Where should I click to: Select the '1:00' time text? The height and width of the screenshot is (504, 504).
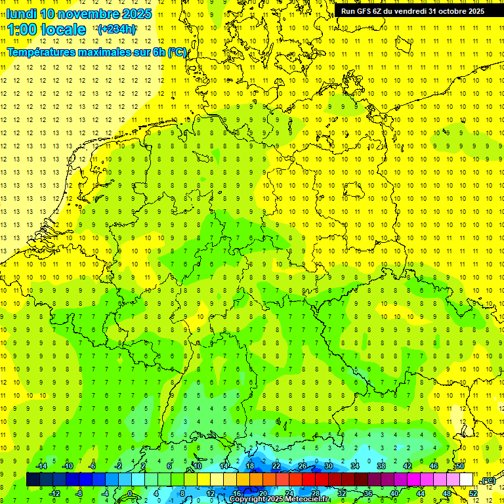22,30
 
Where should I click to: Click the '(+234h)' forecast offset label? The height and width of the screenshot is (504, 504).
117,29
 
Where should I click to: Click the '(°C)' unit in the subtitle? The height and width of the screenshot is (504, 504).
177,52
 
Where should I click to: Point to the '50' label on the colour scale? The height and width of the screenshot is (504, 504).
460,466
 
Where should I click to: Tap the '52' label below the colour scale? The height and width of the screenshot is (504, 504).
473,493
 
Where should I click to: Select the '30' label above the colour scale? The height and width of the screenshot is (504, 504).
328,466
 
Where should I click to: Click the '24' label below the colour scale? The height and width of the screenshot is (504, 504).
289,493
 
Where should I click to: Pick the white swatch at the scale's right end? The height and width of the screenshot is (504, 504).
467,479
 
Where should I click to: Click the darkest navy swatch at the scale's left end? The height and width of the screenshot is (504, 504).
33,479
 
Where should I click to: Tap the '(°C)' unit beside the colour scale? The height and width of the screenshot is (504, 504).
488,481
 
